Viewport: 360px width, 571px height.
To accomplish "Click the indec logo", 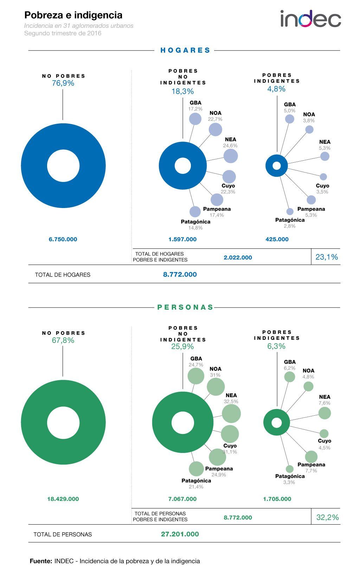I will click(x=310, y=19).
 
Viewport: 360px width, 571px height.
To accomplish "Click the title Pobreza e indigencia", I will click(x=73, y=15).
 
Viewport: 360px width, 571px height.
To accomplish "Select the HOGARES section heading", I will click(x=185, y=50).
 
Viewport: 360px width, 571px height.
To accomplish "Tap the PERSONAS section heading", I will click(x=185, y=307).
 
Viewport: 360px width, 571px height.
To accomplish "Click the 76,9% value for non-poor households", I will click(x=63, y=83).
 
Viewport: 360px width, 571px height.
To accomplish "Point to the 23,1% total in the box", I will click(x=327, y=257).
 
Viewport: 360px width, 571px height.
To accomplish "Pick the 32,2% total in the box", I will click(x=327, y=517).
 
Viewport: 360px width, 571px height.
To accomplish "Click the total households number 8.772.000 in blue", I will click(x=180, y=274).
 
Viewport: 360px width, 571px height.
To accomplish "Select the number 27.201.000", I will click(x=180, y=534).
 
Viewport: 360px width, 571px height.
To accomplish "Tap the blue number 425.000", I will click(x=277, y=239).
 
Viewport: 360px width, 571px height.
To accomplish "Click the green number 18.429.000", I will click(x=63, y=499).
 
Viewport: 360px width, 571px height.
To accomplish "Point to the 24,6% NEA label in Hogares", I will click(x=230, y=145).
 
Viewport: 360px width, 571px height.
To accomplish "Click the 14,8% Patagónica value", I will click(x=195, y=228).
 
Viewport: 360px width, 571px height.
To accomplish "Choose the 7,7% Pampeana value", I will click(x=311, y=471).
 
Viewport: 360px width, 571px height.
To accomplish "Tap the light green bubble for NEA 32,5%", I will click(x=231, y=413).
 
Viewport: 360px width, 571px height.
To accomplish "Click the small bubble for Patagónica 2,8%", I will click(x=290, y=212).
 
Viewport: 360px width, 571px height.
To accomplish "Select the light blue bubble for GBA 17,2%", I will click(x=195, y=119).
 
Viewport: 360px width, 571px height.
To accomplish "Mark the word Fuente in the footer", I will click(x=41, y=561).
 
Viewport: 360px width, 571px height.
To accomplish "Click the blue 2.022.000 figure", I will click(x=238, y=258).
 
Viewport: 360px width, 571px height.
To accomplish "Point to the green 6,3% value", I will click(x=277, y=346).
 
